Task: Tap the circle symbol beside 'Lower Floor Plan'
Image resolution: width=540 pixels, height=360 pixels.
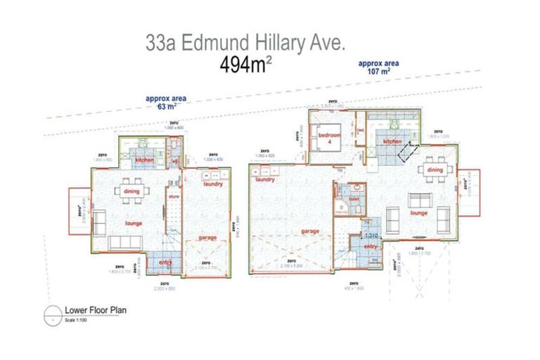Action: (x=53, y=313)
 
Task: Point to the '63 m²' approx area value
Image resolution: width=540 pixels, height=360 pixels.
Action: (x=166, y=108)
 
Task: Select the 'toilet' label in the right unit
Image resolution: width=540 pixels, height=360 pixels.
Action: (x=354, y=198)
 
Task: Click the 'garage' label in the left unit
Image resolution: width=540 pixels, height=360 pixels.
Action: (x=207, y=238)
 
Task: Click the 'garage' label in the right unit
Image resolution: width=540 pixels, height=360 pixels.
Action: (x=309, y=231)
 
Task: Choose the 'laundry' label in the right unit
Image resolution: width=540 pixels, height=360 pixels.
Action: (x=265, y=179)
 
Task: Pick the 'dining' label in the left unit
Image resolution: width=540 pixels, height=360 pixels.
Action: (x=132, y=191)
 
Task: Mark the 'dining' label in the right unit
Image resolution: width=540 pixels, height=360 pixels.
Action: (x=435, y=169)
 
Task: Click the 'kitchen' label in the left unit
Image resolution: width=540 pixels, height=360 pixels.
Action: (x=144, y=160)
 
